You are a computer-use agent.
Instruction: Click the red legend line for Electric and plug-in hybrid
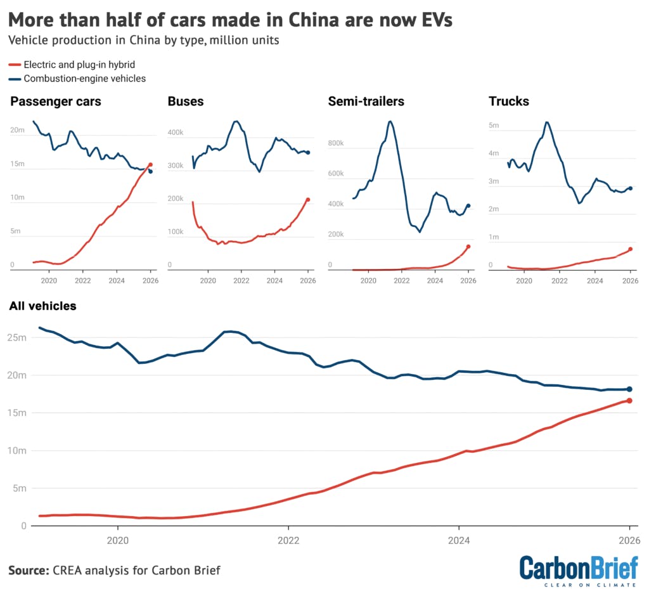(15, 65)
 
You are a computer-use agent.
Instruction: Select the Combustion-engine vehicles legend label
(85, 79)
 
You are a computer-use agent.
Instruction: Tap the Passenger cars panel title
(55, 101)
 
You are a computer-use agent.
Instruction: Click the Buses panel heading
(185, 101)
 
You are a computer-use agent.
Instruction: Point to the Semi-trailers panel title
(366, 101)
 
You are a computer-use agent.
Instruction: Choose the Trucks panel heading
(509, 101)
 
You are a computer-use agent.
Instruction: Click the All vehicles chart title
(42, 306)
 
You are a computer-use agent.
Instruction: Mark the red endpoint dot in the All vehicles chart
(629, 400)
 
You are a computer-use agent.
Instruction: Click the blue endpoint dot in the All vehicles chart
(629, 389)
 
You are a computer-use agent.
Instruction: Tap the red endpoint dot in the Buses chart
(308, 200)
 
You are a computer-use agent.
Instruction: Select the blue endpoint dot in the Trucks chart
(630, 188)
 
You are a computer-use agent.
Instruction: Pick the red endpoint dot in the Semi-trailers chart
(468, 247)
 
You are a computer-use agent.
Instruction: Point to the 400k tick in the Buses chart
(176, 133)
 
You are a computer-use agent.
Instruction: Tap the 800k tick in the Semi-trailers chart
(335, 143)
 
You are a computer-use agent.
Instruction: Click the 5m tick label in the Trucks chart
(494, 126)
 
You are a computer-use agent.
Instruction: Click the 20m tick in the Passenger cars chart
(17, 130)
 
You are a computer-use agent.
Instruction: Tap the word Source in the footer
(28, 570)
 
